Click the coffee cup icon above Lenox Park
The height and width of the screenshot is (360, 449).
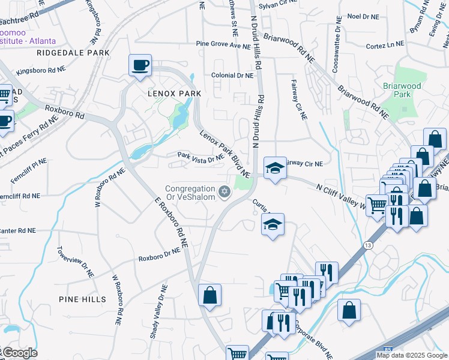pyautogui.click(x=140, y=65)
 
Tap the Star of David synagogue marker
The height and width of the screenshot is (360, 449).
pyautogui.click(x=224, y=192)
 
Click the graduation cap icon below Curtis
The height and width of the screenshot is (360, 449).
pyautogui.click(x=273, y=225)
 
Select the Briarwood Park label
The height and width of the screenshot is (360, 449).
pyautogui.click(x=402, y=90)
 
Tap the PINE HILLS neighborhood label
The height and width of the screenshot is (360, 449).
pyautogui.click(x=82, y=299)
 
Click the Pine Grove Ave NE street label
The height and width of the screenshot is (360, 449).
pyautogui.click(x=223, y=45)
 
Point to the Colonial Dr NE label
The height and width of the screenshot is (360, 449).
pyautogui.click(x=232, y=76)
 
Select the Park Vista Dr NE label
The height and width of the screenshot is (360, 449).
pyautogui.click(x=200, y=157)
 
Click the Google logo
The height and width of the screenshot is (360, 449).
pyautogui.click(x=19, y=353)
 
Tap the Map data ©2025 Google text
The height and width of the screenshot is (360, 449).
pyautogui.click(x=412, y=355)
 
